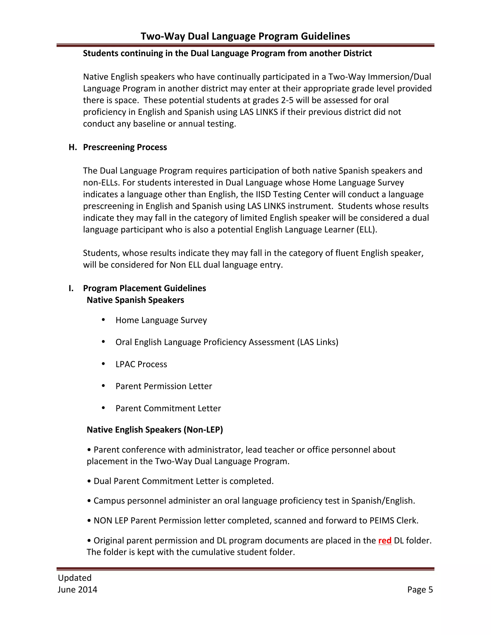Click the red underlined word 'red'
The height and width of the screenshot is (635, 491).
(x=385, y=541)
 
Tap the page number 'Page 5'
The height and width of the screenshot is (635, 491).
(x=420, y=590)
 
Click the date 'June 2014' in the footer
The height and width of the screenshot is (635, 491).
(x=77, y=590)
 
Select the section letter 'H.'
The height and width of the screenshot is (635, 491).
(x=73, y=147)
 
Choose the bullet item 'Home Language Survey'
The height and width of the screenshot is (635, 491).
(x=161, y=320)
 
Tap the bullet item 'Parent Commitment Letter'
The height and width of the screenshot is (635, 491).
(x=168, y=409)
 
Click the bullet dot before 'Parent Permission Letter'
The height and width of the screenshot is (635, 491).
(x=103, y=386)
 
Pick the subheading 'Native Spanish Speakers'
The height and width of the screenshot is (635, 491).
(x=135, y=300)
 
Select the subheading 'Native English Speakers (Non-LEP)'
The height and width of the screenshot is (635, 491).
(x=155, y=430)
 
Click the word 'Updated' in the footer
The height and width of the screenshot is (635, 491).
(x=75, y=578)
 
